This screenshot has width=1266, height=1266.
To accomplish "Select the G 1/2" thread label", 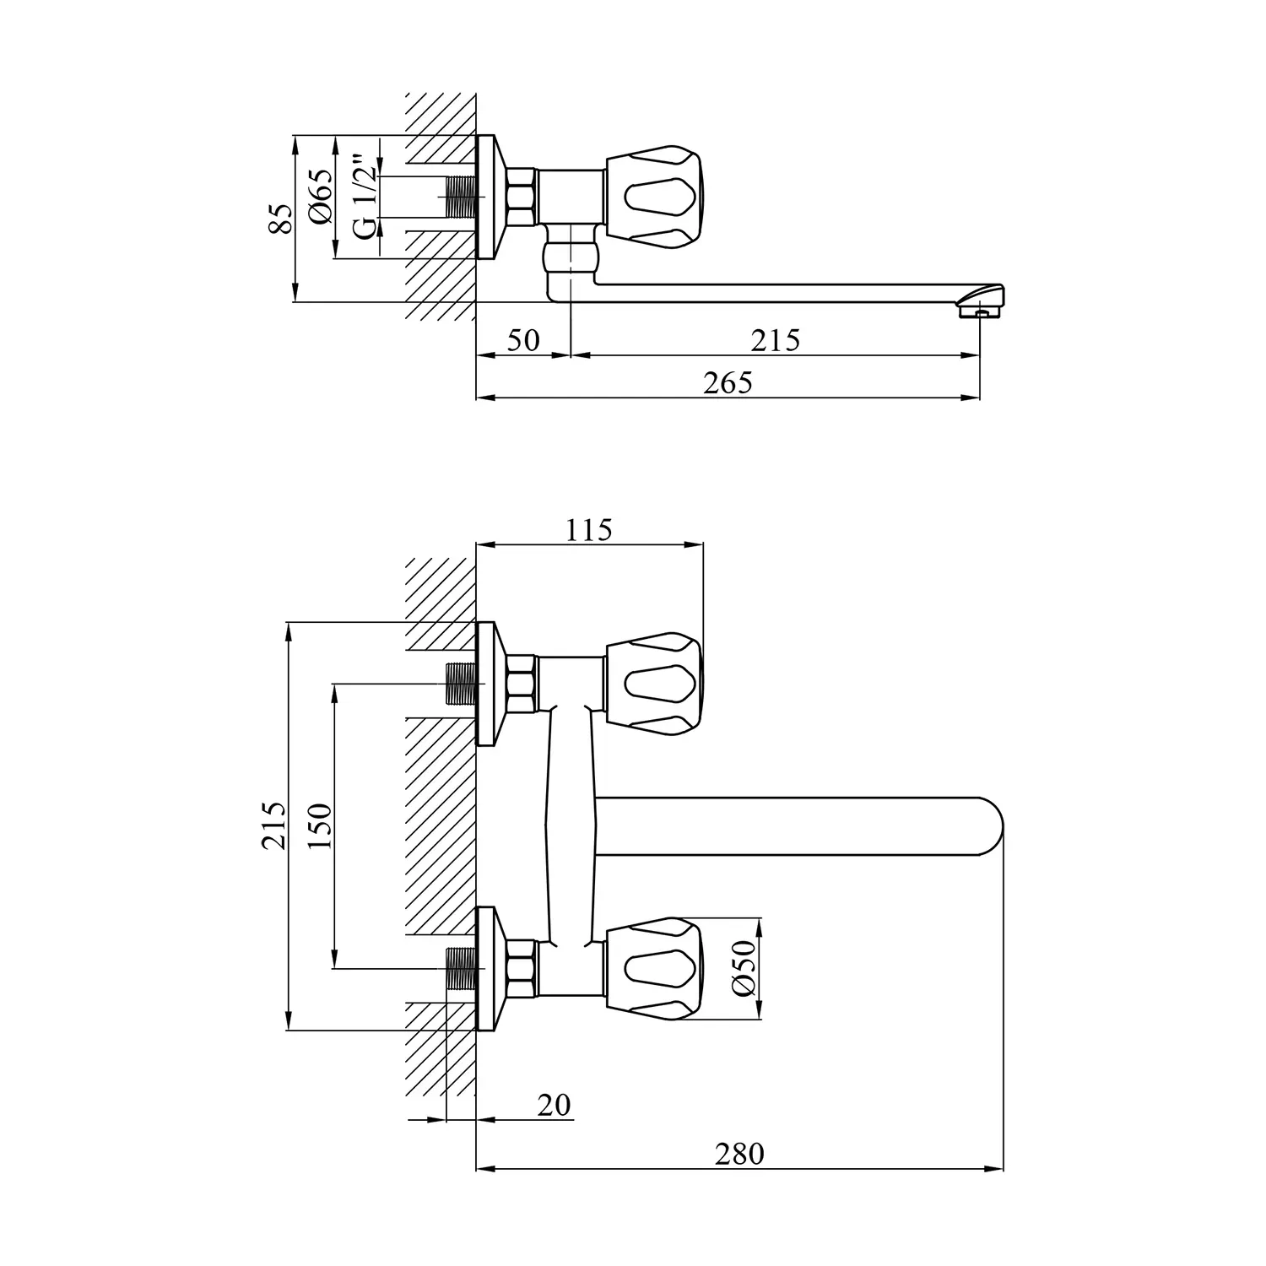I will (363, 196).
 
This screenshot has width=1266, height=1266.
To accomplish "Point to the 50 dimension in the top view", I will (523, 340).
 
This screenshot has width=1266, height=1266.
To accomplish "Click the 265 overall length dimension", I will (728, 383).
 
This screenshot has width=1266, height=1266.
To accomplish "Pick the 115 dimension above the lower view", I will (588, 530).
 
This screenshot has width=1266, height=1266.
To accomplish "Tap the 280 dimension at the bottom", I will (738, 1153).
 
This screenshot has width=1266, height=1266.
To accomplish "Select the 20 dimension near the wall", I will (554, 1105).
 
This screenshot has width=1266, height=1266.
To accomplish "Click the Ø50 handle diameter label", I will (744, 968).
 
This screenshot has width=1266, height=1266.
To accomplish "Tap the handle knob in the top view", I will (652, 195).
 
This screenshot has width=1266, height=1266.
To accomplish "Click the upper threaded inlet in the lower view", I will (461, 684).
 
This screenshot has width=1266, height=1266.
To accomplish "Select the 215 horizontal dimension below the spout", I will (775, 340).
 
